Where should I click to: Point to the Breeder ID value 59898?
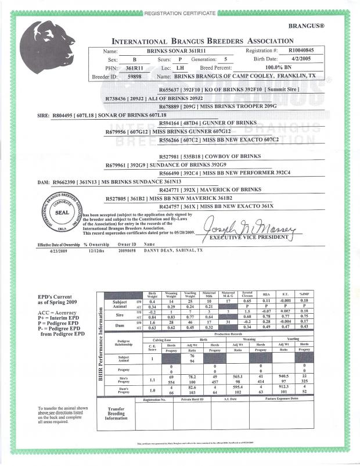135,76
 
